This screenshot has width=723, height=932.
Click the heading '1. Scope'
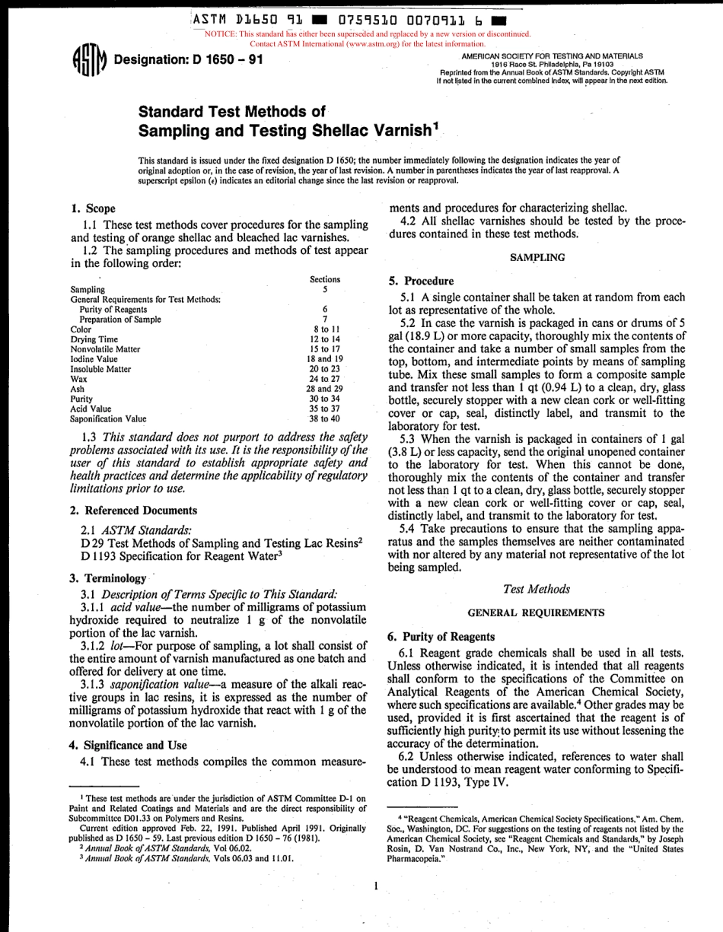pos(93,208)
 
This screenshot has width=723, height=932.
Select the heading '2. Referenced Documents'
pos(133,511)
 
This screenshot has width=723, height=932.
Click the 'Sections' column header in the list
pos(325,280)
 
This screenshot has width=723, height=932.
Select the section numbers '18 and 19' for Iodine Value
pos(325,358)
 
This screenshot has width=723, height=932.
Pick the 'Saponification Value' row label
pos(108,418)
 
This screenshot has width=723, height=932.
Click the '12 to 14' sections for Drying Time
pos(325,339)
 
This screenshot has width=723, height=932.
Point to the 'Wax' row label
pos(78,379)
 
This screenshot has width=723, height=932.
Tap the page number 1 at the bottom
pos(376,886)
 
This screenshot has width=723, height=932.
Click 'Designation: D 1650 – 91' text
pos(188,60)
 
